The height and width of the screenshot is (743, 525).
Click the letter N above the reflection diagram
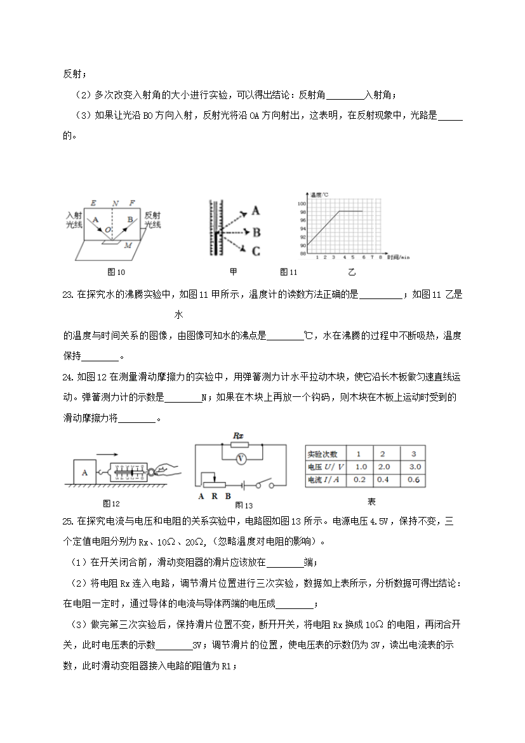point(115,203)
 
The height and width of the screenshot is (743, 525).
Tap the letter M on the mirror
point(128,245)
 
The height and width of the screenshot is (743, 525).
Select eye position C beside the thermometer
point(256,251)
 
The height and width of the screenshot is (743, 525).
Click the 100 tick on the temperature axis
point(302,203)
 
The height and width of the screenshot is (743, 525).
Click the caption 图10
point(116,272)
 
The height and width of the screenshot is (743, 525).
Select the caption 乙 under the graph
point(351,272)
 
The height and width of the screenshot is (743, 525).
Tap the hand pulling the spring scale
point(166,471)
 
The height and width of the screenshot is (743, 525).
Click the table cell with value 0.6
point(414,480)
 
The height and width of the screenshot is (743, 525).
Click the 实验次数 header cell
point(323,453)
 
